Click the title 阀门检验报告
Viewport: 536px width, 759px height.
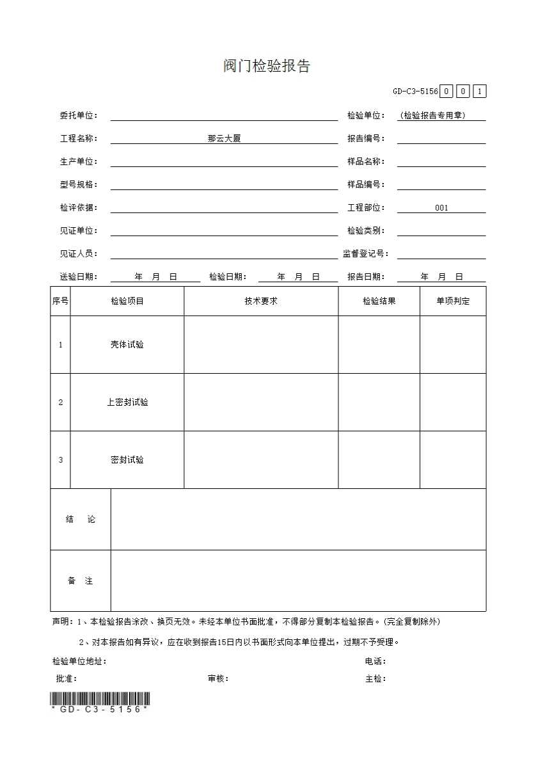[267, 67]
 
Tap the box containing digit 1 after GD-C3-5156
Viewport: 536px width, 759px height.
[480, 92]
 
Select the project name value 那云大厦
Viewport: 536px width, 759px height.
[224, 139]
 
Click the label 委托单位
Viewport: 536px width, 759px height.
[79, 116]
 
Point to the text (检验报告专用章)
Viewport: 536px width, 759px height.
[433, 116]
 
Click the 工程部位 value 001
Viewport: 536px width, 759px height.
[441, 208]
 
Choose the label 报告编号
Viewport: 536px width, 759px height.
[366, 139]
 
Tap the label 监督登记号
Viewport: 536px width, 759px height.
[365, 254]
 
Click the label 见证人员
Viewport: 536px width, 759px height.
[79, 254]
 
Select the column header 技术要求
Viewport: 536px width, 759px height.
[261, 301]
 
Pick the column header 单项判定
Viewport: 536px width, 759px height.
[453, 301]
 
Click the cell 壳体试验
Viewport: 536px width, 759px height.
[127, 345]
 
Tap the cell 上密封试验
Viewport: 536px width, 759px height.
[127, 403]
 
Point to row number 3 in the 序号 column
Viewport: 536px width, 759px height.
[61, 460]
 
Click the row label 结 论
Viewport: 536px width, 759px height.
[81, 520]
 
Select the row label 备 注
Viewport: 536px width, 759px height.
[81, 581]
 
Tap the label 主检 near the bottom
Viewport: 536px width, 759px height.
[375, 679]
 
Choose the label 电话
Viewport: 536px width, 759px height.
[375, 662]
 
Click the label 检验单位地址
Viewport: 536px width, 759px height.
[79, 662]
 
